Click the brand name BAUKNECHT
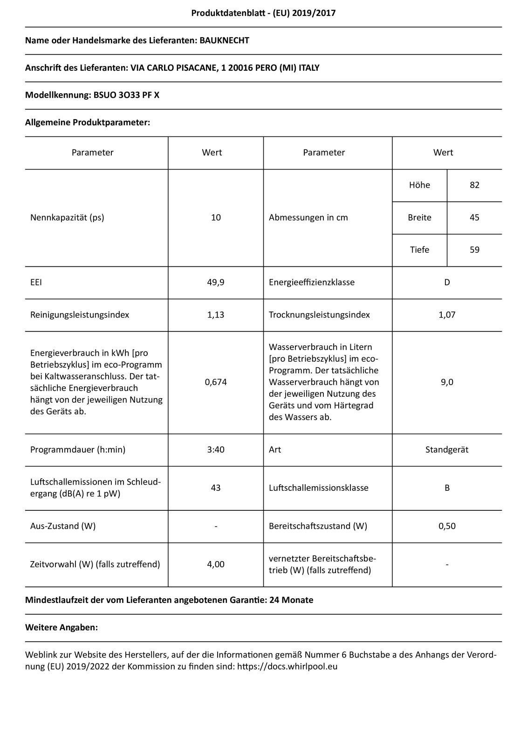pyautogui.click(x=224, y=41)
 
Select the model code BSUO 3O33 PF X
pyautogui.click(x=126, y=95)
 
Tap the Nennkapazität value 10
pyautogui.click(x=216, y=217)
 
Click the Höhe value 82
pyautogui.click(x=474, y=185)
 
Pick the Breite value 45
pyautogui.click(x=474, y=217)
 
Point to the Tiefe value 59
pyautogui.click(x=474, y=250)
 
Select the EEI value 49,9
pyautogui.click(x=216, y=282)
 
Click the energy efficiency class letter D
pyautogui.click(x=447, y=282)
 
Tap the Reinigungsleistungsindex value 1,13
pyautogui.click(x=216, y=315)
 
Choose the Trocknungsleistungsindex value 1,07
pyautogui.click(x=447, y=315)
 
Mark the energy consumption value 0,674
pyautogui.click(x=216, y=382)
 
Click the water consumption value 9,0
pyautogui.click(x=447, y=382)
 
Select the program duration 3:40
pyautogui.click(x=216, y=450)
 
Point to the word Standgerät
pyautogui.click(x=447, y=450)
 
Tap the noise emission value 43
pyautogui.click(x=216, y=488)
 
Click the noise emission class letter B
pyautogui.click(x=447, y=488)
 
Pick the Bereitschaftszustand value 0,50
pyautogui.click(x=447, y=526)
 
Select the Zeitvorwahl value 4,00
pyautogui.click(x=216, y=564)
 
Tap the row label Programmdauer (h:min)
pyautogui.click(x=78, y=450)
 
